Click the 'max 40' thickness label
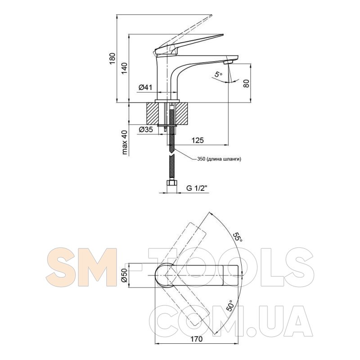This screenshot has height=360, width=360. tap(125, 142)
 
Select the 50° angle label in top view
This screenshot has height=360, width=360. tap(230, 306)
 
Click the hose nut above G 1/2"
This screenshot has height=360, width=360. tap(171, 183)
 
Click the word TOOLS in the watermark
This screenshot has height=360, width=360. tap(225, 267)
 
